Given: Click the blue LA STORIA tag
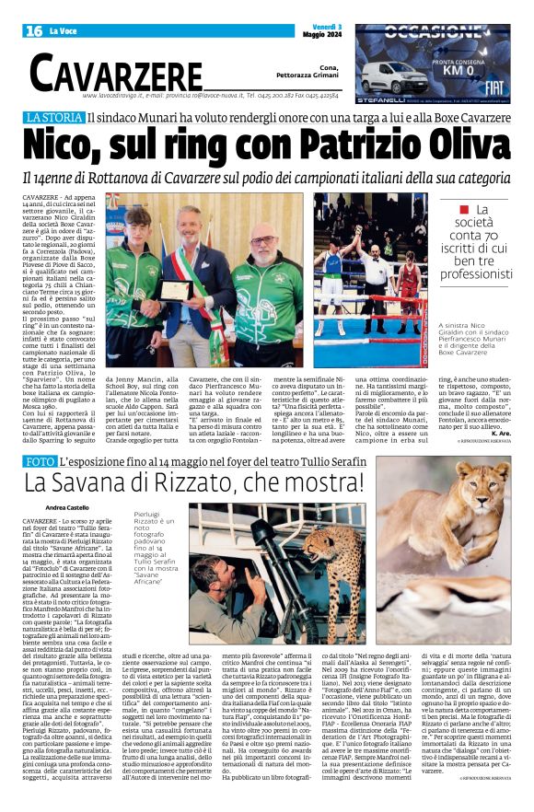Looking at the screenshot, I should click(x=80, y=119).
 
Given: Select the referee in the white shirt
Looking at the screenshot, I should click(x=377, y=262).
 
